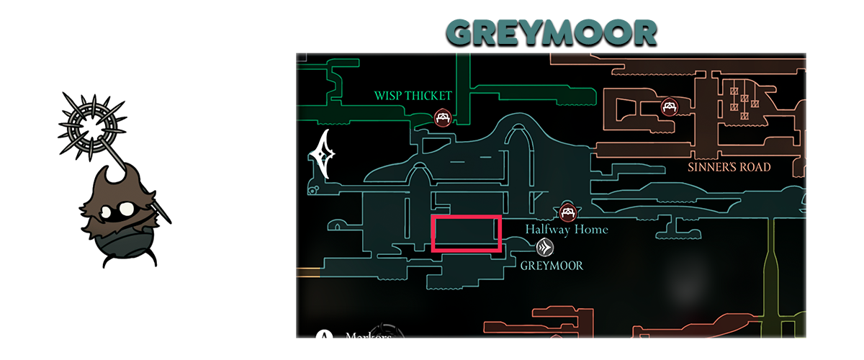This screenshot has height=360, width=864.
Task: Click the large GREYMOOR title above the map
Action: click(x=551, y=32)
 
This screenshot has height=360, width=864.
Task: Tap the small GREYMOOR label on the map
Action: click(x=552, y=266)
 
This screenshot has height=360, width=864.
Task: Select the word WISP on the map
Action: click(x=390, y=96)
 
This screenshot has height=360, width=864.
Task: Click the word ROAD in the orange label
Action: click(x=755, y=168)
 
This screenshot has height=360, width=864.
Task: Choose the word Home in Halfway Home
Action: click(x=593, y=230)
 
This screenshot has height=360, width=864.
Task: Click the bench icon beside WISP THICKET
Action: click(x=444, y=117)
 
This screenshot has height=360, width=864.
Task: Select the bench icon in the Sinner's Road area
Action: click(x=670, y=107)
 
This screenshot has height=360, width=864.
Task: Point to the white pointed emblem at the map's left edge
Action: click(x=323, y=153)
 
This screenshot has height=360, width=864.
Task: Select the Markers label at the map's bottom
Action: click(x=368, y=336)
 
